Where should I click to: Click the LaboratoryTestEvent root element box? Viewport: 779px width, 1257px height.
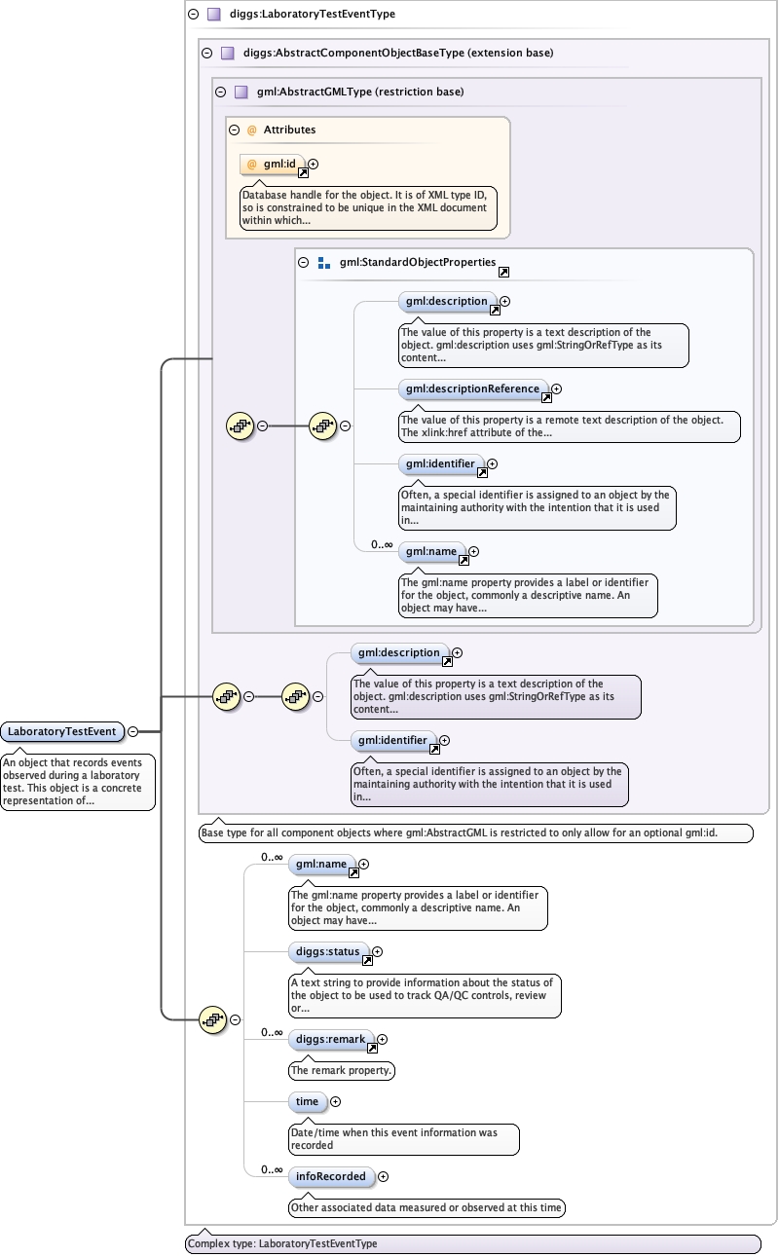point(61,731)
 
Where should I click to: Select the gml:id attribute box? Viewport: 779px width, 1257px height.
point(278,164)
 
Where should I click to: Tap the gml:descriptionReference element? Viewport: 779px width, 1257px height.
point(471,388)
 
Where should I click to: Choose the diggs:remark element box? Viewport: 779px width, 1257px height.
point(331,1039)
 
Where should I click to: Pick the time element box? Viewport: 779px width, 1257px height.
point(307,1101)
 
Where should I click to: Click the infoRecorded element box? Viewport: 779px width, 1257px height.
point(331,1176)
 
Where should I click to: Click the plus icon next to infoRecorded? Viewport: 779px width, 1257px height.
point(383,1176)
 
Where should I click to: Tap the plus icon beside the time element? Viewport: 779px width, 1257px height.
point(336,1101)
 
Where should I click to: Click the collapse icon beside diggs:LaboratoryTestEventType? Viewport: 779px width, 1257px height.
point(193,15)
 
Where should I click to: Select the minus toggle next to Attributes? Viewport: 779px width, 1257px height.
point(234,129)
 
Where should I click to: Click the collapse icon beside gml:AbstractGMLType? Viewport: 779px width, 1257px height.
point(220,92)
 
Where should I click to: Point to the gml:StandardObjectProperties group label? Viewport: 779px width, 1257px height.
point(417,263)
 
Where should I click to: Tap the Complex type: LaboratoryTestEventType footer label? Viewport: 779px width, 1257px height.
point(282,1244)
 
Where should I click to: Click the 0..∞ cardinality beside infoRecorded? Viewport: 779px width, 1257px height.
point(272,1170)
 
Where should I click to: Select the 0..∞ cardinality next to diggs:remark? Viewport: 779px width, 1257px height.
point(272,1033)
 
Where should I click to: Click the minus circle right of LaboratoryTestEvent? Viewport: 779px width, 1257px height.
point(132,731)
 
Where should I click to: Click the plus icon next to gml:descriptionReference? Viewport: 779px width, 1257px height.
point(557,388)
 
